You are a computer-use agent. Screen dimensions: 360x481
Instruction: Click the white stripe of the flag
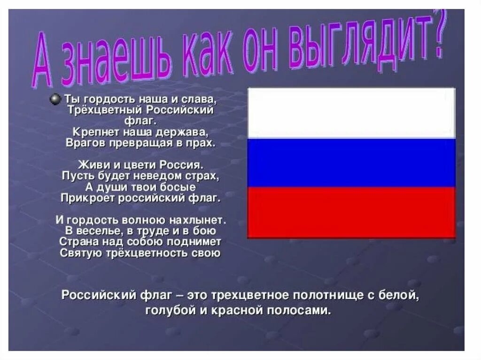click(x=351, y=113)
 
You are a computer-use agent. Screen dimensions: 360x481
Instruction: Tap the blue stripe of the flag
click(x=351, y=162)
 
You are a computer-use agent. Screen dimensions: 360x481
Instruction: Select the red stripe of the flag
click(x=351, y=212)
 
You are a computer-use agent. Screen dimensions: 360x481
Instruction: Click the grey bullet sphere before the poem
click(x=55, y=99)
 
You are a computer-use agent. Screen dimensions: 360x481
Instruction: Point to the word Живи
click(x=90, y=165)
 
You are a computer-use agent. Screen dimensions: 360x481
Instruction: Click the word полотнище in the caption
click(x=326, y=296)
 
